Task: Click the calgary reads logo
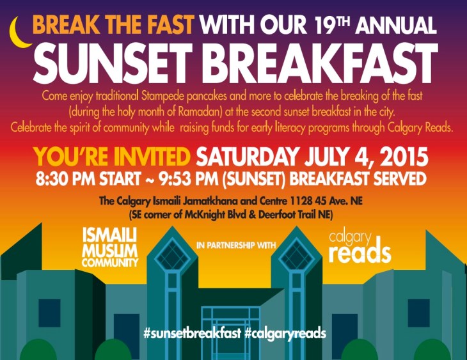pos(359,247)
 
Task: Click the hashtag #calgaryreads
pos(285,333)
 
